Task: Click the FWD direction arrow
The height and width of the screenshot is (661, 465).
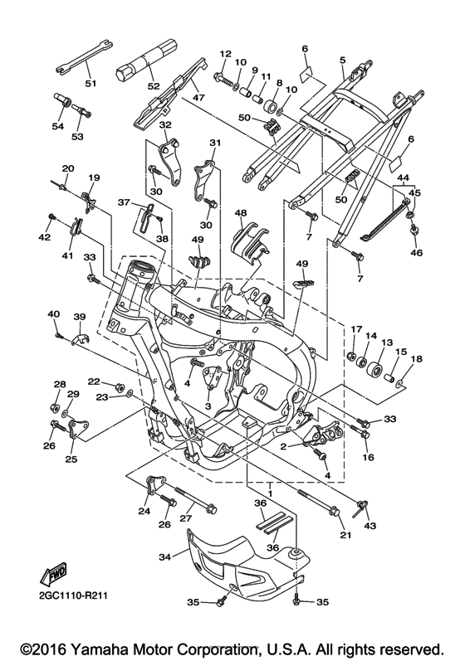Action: click(53, 573)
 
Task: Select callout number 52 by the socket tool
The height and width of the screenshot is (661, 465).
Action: click(154, 86)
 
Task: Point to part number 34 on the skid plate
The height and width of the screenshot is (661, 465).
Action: click(166, 557)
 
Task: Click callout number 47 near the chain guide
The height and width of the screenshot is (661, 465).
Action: click(198, 98)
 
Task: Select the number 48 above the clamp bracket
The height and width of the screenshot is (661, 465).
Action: click(242, 213)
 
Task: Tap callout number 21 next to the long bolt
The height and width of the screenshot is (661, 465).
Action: click(346, 535)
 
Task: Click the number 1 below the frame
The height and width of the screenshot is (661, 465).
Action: click(269, 493)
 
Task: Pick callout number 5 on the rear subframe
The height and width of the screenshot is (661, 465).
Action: click(343, 61)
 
